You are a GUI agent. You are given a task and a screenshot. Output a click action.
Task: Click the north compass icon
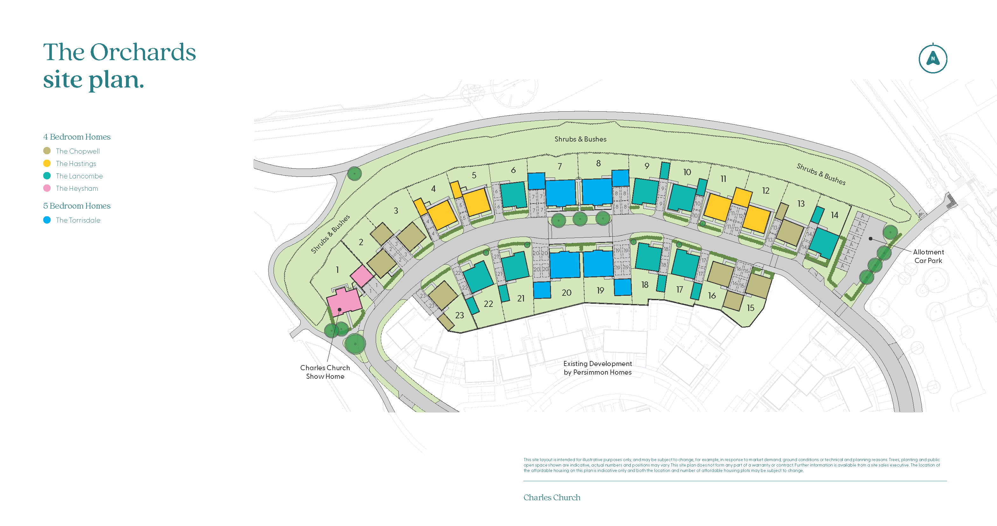[x=933, y=59]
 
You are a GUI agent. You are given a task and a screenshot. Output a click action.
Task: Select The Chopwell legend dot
[x=47, y=151]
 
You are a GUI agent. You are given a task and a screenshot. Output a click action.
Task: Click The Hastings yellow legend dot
[x=47, y=163]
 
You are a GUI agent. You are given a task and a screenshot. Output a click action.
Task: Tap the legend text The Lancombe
[x=79, y=176]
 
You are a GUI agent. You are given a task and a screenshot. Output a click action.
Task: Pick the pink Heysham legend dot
[x=47, y=188]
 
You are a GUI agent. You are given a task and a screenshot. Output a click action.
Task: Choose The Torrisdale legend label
[x=78, y=220]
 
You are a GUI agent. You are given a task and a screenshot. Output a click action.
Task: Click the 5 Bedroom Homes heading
[x=77, y=206]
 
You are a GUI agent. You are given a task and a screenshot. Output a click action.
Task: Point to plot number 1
[x=337, y=270]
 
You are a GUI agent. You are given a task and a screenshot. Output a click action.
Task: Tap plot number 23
[x=459, y=315]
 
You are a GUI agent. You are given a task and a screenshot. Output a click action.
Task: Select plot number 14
[x=834, y=215]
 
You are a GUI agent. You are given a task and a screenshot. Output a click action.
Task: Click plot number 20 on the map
[x=566, y=293]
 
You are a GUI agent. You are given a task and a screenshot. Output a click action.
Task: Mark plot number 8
[x=598, y=163]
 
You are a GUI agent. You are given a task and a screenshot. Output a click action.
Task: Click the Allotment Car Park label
[x=928, y=256]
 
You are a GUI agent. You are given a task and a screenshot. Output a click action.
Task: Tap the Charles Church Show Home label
[x=325, y=372]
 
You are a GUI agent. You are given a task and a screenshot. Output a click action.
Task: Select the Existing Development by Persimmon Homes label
[x=597, y=368]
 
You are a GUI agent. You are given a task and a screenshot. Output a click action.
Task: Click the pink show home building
[x=343, y=301]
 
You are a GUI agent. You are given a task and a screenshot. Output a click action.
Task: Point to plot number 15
[x=750, y=308]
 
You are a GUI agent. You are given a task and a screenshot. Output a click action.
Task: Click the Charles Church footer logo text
[x=552, y=497]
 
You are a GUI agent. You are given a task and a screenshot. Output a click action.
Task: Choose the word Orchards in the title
[x=143, y=52]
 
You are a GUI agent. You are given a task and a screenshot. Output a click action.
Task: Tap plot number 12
[x=765, y=191]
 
